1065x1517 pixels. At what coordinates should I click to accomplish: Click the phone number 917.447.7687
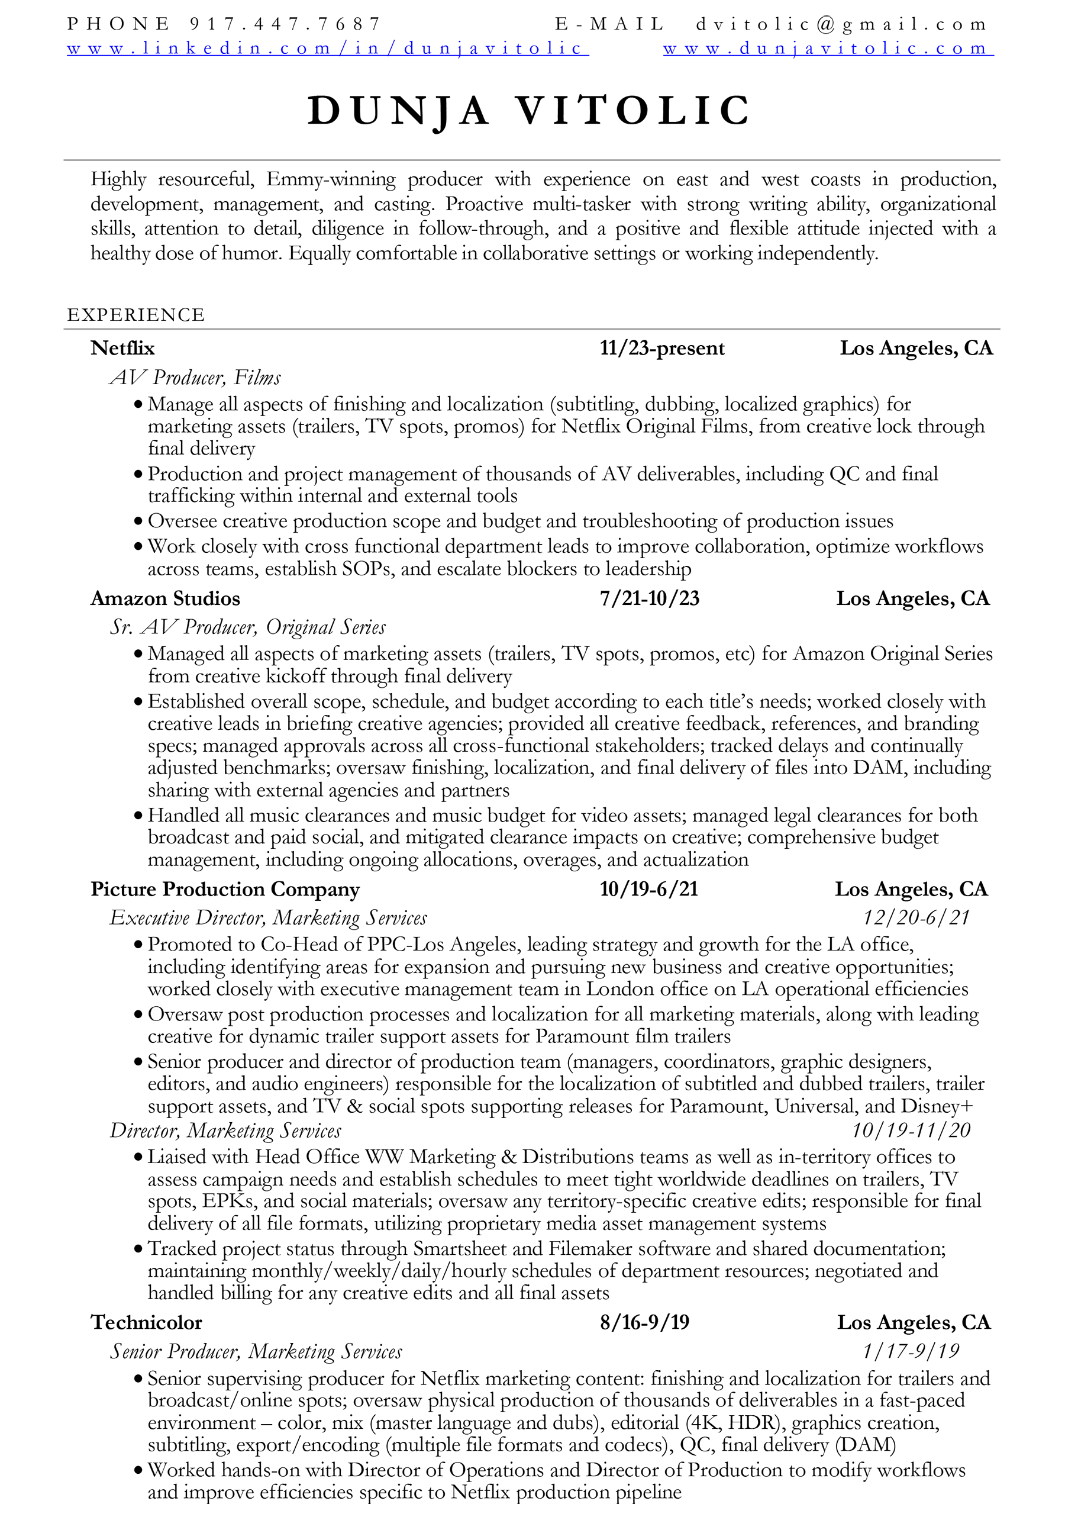coord(285,24)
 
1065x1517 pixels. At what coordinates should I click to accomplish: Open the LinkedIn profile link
coord(328,49)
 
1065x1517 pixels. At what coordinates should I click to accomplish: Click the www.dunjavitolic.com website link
coord(828,49)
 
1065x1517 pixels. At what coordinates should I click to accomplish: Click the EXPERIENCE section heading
coord(136,315)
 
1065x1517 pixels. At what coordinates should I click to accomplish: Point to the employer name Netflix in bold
coord(123,348)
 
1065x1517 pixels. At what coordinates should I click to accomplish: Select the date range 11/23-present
coord(661,348)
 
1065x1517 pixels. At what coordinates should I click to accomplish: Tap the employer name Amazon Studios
coord(165,598)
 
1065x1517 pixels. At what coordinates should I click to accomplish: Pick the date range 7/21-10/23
coord(649,598)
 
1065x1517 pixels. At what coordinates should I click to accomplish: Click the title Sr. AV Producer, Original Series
coord(248,627)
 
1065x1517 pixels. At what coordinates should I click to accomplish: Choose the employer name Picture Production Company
coord(225,890)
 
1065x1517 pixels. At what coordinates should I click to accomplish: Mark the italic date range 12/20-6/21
coord(916,918)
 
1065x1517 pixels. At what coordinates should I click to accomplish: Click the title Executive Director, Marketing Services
coord(268,918)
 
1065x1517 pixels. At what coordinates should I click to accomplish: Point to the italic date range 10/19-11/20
coord(911,1130)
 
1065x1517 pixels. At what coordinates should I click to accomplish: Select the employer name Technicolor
coord(147,1323)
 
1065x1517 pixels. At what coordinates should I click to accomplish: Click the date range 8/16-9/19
coord(644,1323)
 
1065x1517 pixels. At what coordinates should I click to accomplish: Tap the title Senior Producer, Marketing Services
coord(256,1352)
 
